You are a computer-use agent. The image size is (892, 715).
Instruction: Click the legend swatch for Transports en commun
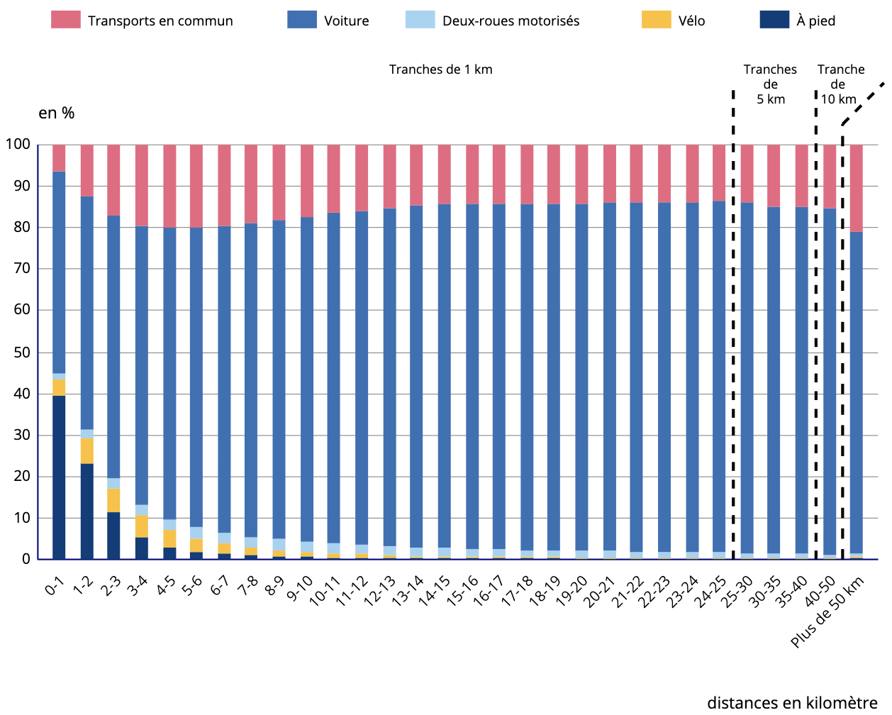(66, 20)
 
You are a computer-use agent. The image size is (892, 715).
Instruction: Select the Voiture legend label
(346, 21)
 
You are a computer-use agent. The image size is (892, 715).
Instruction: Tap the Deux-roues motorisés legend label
(511, 21)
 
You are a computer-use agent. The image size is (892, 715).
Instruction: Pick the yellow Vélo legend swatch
(656, 20)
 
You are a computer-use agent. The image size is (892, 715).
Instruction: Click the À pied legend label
(815, 21)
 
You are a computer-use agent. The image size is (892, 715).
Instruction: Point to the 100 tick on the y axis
(18, 145)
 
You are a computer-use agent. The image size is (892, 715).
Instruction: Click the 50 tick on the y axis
(22, 353)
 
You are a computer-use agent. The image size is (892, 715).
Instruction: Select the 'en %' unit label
(56, 113)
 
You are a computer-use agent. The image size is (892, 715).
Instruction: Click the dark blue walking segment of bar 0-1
(59, 477)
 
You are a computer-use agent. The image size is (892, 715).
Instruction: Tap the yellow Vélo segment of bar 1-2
(87, 450)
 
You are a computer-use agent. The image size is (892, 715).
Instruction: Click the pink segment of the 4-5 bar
(169, 186)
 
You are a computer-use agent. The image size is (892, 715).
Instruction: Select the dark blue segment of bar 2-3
(113, 535)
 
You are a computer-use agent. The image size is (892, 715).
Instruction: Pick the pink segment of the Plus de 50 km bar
(856, 188)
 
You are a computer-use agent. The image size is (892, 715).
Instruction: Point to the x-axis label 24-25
(710, 592)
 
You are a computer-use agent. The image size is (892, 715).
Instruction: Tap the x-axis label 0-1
(55, 586)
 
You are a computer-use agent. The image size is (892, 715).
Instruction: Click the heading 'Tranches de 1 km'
(440, 70)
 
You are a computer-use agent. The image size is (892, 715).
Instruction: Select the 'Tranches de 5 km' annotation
(770, 84)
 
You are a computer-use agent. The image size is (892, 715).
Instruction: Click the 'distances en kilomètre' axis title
(792, 703)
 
